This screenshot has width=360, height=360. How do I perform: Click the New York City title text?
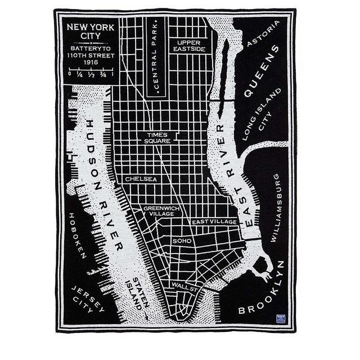point(90,31)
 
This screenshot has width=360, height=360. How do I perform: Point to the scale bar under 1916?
point(91,73)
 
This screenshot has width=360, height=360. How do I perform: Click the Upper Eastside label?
point(190,46)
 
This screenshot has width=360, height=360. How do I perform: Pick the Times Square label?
point(157,138)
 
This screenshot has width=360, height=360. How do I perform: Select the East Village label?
point(214,222)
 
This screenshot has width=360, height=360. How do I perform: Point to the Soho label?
point(182,241)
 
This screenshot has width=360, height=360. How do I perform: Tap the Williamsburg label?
point(275,208)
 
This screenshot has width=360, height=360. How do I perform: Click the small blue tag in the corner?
point(281,319)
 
